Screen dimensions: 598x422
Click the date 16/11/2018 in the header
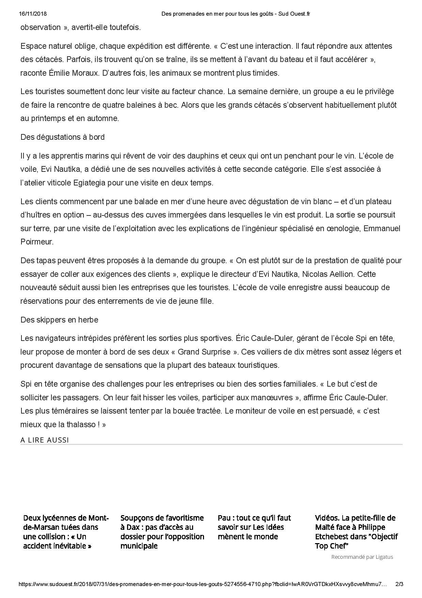tap(33, 14)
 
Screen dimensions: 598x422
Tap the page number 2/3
tap(399, 584)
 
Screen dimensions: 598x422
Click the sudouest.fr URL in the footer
tap(203, 584)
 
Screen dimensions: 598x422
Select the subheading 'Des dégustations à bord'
tap(62, 137)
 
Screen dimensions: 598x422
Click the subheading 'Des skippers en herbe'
tap(59, 320)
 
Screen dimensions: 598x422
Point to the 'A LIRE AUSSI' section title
tap(45, 440)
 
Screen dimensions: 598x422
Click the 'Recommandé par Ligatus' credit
tap(362, 557)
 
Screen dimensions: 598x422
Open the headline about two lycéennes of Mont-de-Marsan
tap(66, 532)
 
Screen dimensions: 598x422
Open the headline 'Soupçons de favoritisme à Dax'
tap(162, 532)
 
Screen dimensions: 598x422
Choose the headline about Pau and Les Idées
tap(254, 527)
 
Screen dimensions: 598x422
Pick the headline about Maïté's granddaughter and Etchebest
tap(356, 532)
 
